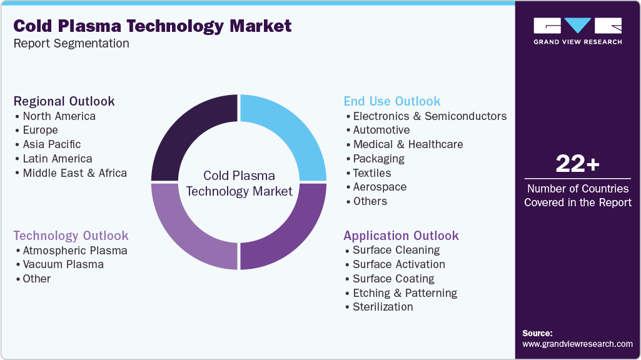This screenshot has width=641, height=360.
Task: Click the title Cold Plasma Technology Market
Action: pos(153,26)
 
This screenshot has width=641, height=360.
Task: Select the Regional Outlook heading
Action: pos(64,101)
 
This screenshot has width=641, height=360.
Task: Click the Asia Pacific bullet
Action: pos(52,144)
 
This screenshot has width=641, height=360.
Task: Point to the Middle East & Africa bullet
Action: pos(74,173)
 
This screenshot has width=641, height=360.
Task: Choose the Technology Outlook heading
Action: pos(71,236)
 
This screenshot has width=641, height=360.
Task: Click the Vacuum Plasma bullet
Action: pos(63,264)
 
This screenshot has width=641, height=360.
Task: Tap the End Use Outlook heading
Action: pos(392,101)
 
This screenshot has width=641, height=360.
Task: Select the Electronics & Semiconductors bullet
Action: pos(430,116)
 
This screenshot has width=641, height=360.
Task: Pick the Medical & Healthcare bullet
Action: pos(408,144)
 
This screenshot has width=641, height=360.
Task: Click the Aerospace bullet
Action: pos(380,187)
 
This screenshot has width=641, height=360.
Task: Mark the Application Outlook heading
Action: pos(401,236)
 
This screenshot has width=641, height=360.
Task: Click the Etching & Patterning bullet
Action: pos(405,293)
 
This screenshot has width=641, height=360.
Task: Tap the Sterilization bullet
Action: pos(383,307)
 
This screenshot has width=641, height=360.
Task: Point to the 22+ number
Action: pos(577,164)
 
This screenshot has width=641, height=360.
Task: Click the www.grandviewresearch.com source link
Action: pos(577,344)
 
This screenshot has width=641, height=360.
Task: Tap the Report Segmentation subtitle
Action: pos(71,44)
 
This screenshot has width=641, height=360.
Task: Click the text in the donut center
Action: pos(239,184)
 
